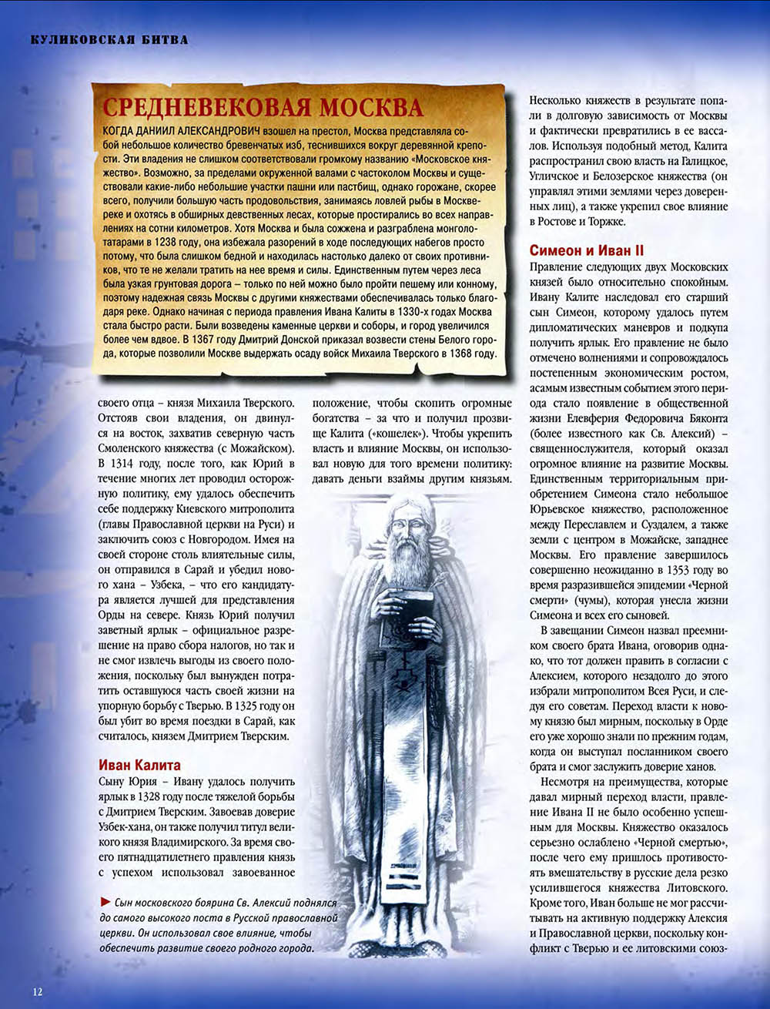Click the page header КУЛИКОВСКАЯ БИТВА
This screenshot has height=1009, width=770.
pos(109,39)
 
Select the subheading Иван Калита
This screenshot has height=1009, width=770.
pos(139,765)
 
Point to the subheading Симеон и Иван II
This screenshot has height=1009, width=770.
pos(587,251)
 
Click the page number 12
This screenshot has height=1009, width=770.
pos(37,991)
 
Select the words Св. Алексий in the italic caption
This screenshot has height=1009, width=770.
pos(262,902)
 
